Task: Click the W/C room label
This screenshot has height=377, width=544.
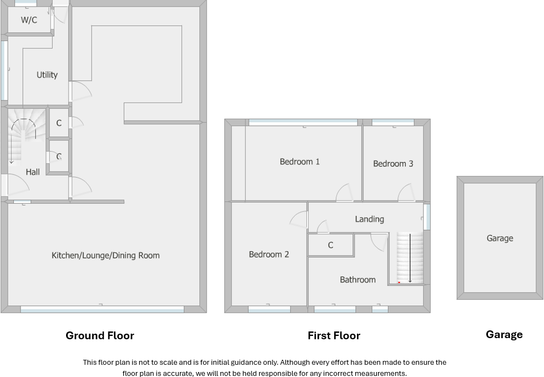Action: [x=29, y=20]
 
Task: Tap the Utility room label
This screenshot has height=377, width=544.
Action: [x=47, y=74]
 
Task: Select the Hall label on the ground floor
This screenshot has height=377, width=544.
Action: [x=33, y=172]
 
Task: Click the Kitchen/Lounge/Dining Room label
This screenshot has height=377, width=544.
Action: [x=105, y=255]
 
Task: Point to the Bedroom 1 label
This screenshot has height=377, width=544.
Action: [x=299, y=162]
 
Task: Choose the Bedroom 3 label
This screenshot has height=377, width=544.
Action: [x=393, y=163]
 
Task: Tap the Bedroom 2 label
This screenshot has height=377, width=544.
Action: [x=269, y=254]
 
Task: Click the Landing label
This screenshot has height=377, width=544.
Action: [x=370, y=219]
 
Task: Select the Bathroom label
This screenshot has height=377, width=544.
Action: [x=357, y=280]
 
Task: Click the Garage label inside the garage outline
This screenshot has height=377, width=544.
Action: [x=500, y=238]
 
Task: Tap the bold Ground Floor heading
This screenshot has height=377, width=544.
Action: [x=100, y=335]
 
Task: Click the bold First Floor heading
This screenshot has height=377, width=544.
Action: [x=334, y=335]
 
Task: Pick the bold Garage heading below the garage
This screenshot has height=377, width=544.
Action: [x=504, y=334]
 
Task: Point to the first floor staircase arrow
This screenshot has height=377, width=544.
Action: [x=410, y=258]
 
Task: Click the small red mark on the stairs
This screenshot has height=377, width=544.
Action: [x=399, y=282]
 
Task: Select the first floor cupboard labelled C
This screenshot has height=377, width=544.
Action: [x=331, y=245]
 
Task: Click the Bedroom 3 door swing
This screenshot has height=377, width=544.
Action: [x=406, y=192]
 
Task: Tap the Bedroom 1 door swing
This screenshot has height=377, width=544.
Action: [x=345, y=193]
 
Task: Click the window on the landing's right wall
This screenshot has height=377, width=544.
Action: [x=427, y=217]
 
